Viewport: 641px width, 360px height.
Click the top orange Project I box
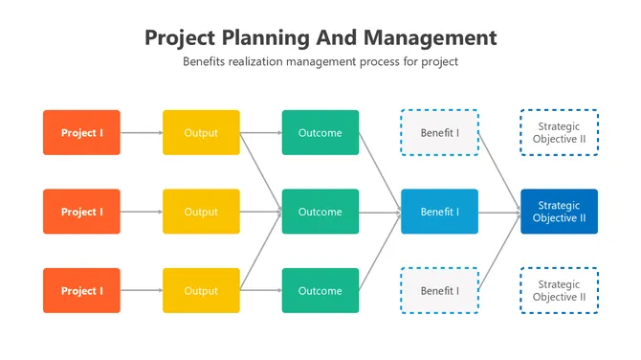click(81, 133)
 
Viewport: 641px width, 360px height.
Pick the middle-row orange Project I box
click(81, 212)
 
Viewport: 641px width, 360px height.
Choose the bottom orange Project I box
click(81, 291)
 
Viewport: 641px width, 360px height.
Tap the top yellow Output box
click(201, 133)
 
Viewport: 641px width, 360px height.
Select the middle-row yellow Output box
click(201, 212)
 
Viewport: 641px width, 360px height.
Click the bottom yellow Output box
click(201, 291)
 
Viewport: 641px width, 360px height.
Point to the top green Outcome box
click(320, 133)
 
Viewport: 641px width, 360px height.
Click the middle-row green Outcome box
click(320, 212)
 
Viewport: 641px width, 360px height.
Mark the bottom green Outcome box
click(320, 291)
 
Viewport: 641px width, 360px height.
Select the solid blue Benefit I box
click(439, 212)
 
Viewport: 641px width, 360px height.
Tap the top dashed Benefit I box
click(439, 133)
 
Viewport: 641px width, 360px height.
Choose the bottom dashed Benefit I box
click(439, 291)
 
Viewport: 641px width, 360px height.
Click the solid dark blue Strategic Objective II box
click(559, 212)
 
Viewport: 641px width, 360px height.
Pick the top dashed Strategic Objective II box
click(559, 133)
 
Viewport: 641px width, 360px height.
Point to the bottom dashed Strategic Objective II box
click(559, 291)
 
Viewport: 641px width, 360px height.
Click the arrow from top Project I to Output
click(142, 133)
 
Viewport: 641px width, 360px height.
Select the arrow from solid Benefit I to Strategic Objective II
click(499, 212)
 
